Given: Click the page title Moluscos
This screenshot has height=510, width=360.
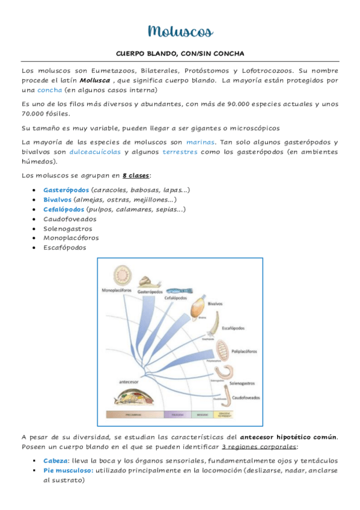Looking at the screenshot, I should coord(180,31).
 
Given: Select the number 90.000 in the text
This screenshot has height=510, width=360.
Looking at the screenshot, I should coord(238,103).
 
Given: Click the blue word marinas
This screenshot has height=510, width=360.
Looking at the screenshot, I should coord(200,142).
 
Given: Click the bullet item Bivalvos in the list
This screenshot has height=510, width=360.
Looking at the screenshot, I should coord(57,200).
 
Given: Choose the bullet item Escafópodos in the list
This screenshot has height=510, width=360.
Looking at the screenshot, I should coord(64,247).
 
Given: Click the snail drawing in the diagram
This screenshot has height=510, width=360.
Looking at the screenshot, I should coord(148,281).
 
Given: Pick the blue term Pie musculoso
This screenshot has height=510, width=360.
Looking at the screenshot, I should coord(68,470).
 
